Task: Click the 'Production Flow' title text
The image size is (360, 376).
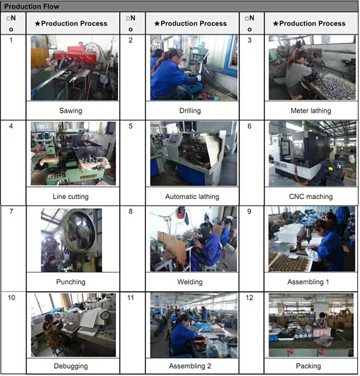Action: [32, 7]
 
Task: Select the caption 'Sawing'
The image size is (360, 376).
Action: [71, 111]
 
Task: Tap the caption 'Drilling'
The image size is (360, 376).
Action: [190, 111]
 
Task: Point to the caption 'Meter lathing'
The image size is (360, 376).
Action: [311, 111]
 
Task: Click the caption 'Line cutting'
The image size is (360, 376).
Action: [71, 197]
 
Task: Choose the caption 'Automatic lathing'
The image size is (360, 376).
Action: [192, 197]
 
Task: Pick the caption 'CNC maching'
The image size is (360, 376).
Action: [311, 197]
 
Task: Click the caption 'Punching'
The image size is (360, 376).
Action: [71, 282]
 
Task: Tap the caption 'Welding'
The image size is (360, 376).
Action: [190, 282]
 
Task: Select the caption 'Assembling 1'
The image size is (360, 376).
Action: [308, 282]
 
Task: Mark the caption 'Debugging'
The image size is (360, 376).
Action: [71, 366]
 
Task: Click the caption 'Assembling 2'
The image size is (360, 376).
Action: [190, 366]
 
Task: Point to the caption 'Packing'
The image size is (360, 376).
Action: [308, 366]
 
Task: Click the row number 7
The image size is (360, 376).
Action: [11, 212]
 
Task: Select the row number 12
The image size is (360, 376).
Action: [249, 298]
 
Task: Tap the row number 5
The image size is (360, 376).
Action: [131, 126]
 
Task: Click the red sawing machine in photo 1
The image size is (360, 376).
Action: [72, 56]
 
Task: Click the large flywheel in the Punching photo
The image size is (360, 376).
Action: [81, 229]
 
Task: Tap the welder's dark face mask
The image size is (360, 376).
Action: [205, 231]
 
